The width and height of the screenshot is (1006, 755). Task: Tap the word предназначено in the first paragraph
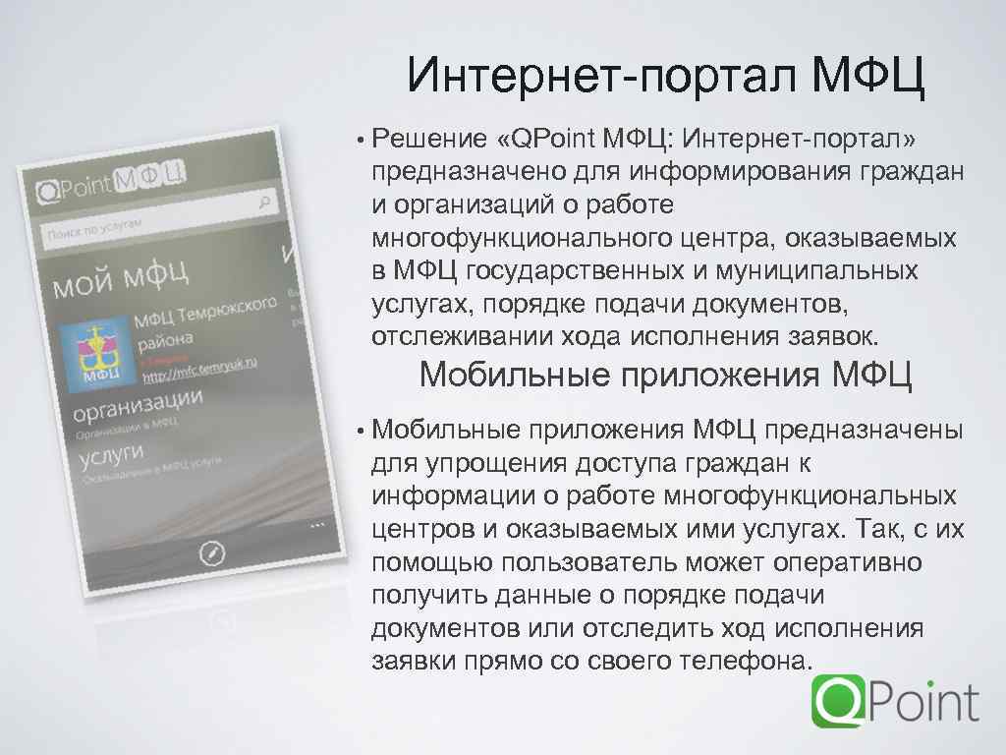455,172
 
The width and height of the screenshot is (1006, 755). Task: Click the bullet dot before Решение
361,141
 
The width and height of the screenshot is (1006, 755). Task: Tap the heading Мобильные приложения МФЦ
665,376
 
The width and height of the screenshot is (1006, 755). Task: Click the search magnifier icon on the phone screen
264,202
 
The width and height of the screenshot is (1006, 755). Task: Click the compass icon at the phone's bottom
212,553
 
